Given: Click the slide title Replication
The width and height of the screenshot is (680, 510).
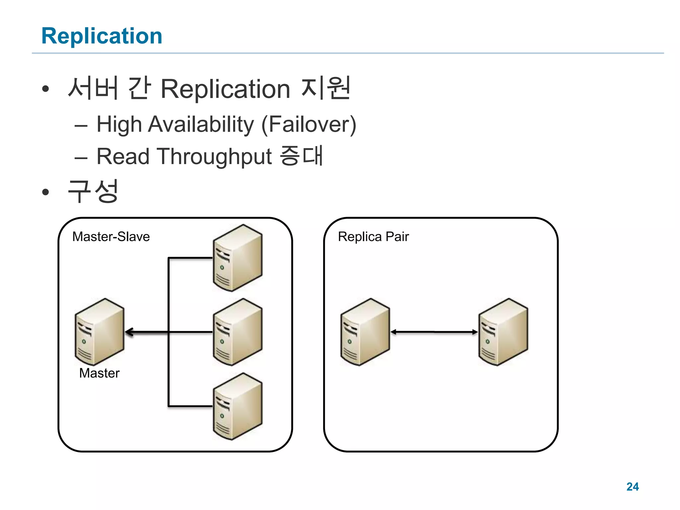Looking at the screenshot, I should [x=102, y=36].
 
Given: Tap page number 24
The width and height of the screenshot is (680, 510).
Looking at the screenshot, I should [x=632, y=487].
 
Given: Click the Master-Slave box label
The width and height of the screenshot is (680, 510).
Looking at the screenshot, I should [x=111, y=237].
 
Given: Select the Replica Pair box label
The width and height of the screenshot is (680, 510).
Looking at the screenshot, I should [x=373, y=237].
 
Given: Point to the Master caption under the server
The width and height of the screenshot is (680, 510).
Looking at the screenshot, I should [x=99, y=373].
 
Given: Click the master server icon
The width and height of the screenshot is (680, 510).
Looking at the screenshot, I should [x=99, y=332].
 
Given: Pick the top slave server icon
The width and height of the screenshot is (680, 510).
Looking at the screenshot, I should [x=237, y=258].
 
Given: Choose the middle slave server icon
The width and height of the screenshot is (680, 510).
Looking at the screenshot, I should [x=237, y=332].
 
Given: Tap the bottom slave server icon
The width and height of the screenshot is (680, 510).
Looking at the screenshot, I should [x=237, y=406].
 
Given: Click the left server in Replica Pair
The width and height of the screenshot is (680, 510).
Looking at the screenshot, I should [x=365, y=332].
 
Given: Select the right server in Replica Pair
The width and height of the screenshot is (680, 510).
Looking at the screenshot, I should [x=503, y=332].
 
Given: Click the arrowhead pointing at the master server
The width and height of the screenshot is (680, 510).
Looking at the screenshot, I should [x=129, y=332].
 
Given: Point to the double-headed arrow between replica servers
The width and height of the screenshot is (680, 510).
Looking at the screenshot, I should [x=434, y=332].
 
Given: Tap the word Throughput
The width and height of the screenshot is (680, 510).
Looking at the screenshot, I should [x=215, y=157].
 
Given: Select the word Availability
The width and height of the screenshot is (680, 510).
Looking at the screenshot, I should [x=201, y=125].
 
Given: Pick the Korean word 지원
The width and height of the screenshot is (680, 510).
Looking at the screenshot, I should [x=325, y=88].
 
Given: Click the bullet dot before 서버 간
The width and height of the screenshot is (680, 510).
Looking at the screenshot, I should [x=45, y=89].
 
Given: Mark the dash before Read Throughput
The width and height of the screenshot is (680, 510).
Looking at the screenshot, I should [x=81, y=158].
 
